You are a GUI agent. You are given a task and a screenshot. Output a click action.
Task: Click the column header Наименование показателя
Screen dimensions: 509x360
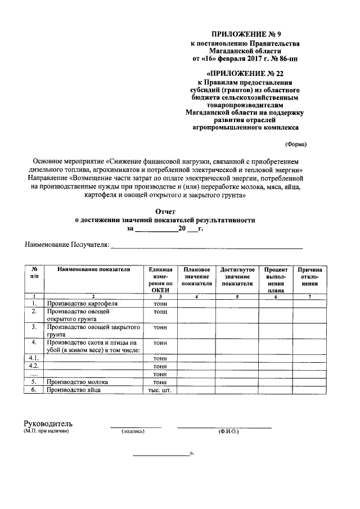[93, 269]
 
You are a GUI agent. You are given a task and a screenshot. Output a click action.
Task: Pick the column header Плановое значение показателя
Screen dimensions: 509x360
[197, 277]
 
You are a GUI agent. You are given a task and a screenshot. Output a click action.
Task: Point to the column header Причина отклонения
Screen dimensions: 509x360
[310, 277]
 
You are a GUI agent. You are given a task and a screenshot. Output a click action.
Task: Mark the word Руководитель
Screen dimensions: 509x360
[48, 424]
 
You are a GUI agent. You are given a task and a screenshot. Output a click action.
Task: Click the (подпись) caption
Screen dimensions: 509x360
[133, 432]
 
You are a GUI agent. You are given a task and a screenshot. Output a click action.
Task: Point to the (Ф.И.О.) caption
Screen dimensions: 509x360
[228, 432]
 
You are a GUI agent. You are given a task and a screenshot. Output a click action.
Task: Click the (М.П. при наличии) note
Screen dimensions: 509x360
[46, 431]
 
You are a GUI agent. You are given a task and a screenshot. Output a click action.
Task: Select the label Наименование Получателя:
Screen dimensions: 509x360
[66, 245]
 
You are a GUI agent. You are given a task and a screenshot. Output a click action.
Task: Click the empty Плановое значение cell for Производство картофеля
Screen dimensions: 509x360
[197, 304]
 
